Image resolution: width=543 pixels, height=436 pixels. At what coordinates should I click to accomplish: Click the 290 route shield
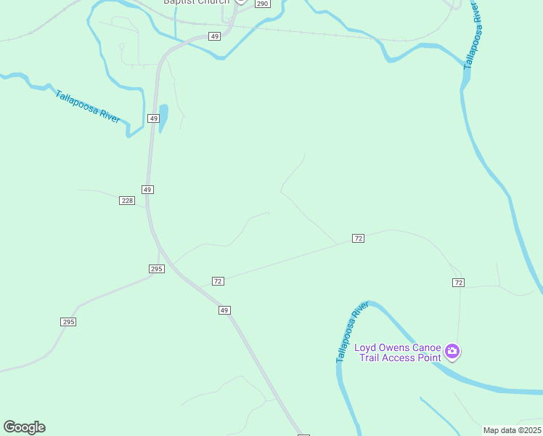tap(262, 4)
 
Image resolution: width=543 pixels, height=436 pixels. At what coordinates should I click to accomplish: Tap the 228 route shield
tap(127, 201)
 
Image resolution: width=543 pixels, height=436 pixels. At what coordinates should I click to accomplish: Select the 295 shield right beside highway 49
tap(157, 269)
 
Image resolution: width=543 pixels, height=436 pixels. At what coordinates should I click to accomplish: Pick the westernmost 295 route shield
tap(68, 322)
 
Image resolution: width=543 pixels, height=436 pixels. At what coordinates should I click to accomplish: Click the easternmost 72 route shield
tap(457, 282)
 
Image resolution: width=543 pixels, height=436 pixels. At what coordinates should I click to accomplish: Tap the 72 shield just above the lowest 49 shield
tap(218, 280)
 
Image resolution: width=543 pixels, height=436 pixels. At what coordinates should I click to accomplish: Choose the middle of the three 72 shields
tap(358, 238)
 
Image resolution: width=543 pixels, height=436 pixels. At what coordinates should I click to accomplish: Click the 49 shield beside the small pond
tap(153, 118)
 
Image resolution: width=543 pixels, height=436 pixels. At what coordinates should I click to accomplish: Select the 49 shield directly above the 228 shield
tap(147, 190)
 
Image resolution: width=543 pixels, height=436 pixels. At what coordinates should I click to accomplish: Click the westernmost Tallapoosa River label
tap(88, 106)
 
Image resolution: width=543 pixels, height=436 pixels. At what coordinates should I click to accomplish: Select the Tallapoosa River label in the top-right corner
tap(472, 34)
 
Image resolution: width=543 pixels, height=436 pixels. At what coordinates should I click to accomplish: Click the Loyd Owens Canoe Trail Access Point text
tap(398, 352)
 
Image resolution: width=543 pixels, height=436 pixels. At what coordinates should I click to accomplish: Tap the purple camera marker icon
tap(452, 352)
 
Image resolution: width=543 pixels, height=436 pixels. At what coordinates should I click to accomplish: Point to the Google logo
tap(24, 427)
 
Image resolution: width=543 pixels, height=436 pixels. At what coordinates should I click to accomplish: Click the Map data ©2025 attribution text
tap(511, 430)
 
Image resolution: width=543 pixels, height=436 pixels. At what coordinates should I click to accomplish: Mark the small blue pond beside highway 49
tap(163, 117)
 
